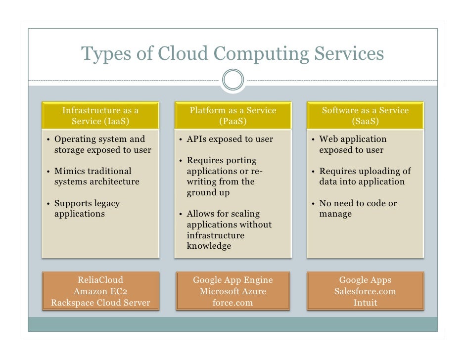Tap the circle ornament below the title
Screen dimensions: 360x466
click(233, 80)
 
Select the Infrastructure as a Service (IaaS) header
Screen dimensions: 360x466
click(100, 116)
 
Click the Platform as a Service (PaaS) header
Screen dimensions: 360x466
click(233, 116)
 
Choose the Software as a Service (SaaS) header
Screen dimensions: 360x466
click(366, 116)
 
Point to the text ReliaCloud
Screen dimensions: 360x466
click(100, 280)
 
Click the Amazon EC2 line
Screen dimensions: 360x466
click(100, 292)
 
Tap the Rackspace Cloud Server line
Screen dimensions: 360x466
click(100, 303)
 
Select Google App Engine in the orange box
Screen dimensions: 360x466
click(233, 280)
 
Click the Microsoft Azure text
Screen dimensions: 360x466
click(233, 292)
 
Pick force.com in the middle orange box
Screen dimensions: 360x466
click(233, 303)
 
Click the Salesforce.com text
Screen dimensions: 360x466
click(366, 292)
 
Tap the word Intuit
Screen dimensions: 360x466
click(366, 303)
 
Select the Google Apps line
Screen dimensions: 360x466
click(366, 280)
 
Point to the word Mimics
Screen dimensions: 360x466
click(68, 171)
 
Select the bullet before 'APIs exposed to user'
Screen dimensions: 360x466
click(181, 139)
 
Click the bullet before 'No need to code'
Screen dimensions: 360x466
click(313, 203)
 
